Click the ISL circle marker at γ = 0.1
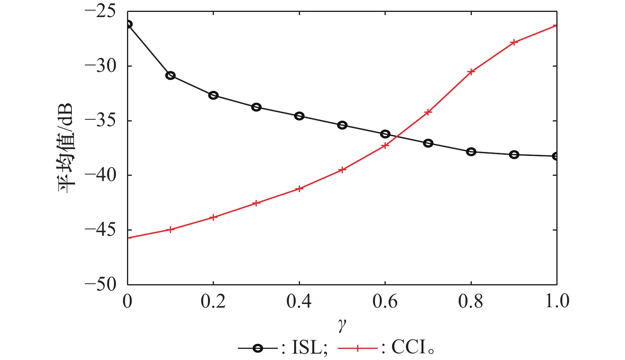tap(170, 75)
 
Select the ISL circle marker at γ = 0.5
tap(342, 125)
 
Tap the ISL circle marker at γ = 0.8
tap(471, 152)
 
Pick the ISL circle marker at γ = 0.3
tap(256, 107)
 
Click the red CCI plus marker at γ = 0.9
tap(514, 42)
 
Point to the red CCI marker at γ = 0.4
tap(300, 189)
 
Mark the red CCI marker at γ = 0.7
tap(428, 112)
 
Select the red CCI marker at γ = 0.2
tap(213, 218)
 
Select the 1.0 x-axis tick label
tap(557, 302)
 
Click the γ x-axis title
tap(342, 325)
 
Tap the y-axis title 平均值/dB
tap(65, 148)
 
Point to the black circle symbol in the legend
tap(258, 348)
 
